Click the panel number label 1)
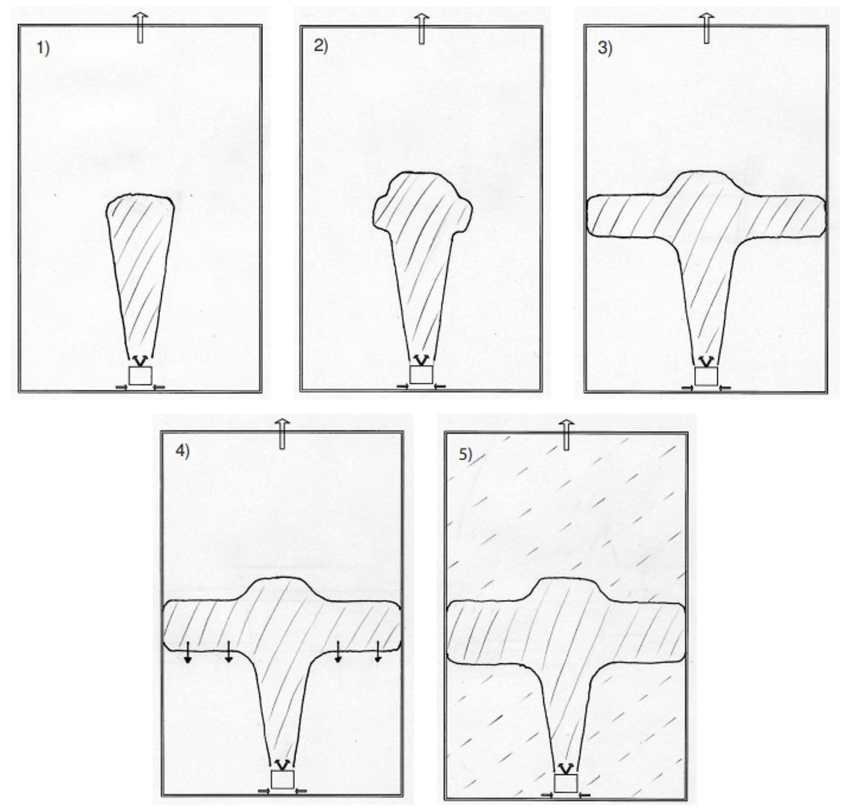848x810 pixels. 43,49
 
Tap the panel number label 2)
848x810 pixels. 321,46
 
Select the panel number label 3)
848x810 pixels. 605,48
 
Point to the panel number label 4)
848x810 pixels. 182,452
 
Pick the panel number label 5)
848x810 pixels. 465,455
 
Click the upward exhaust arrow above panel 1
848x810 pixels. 140,28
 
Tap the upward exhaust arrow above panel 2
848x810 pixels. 422,28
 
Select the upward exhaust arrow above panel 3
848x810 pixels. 706,28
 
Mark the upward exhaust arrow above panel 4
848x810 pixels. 282,434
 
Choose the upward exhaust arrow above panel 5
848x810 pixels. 566,435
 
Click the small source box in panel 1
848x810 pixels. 140,376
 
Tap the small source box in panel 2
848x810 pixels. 421,375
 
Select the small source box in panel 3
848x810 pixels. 706,376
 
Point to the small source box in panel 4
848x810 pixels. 282,779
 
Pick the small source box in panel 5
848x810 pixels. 566,783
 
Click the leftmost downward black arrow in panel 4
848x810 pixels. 188,652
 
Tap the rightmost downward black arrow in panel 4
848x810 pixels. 377,652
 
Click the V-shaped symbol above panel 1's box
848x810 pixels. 140,361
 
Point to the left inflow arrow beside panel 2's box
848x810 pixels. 403,387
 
